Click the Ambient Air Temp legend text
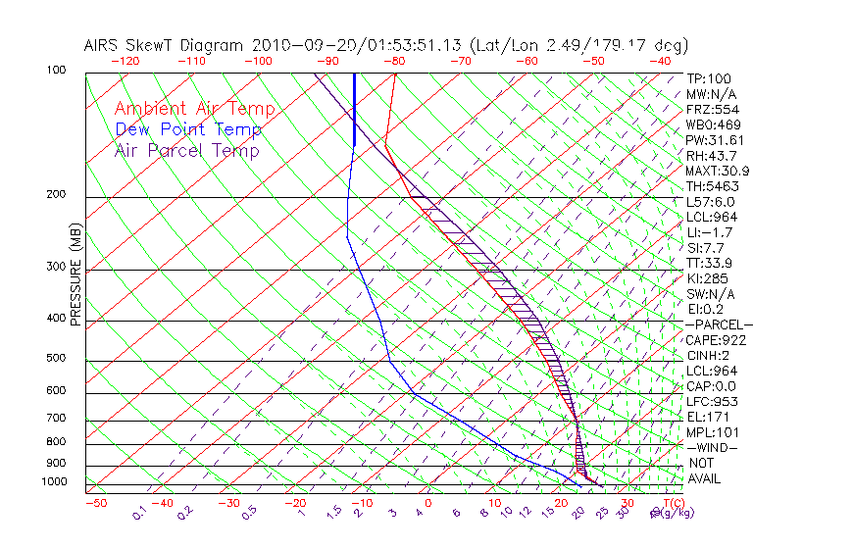click(194, 109)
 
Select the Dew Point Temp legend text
click(188, 129)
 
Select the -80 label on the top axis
click(394, 61)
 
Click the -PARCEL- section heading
click(719, 324)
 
